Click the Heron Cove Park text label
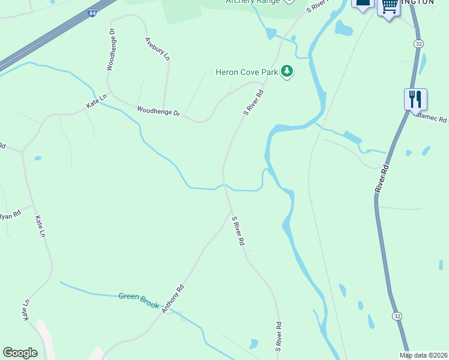247,73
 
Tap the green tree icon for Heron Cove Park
288,72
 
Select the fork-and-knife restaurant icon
415,99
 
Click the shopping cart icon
390,6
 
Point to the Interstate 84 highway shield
91,12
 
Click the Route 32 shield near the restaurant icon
418,43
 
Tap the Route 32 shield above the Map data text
397,316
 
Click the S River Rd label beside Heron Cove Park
254,103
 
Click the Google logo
20,353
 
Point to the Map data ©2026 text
423,355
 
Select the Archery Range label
253,1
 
